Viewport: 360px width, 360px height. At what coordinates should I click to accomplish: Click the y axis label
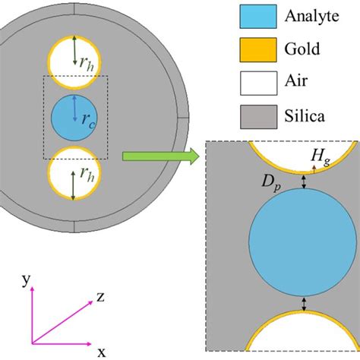(27, 280)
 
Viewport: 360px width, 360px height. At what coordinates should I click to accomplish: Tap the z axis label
(99, 296)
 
